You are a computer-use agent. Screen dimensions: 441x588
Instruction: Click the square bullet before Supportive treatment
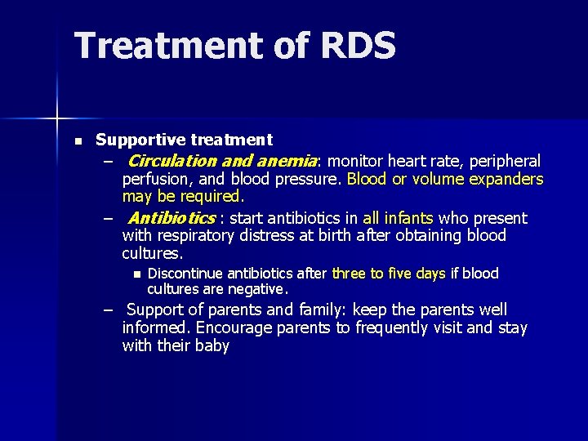(78, 141)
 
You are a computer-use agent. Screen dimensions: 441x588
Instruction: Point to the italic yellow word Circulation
(173, 161)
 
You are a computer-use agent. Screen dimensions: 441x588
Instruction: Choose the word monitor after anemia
(355, 161)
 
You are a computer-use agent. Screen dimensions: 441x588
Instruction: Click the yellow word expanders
(504, 179)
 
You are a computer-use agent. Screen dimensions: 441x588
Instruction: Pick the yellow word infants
(409, 218)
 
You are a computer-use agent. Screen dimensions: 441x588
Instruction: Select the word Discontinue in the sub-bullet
(189, 274)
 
